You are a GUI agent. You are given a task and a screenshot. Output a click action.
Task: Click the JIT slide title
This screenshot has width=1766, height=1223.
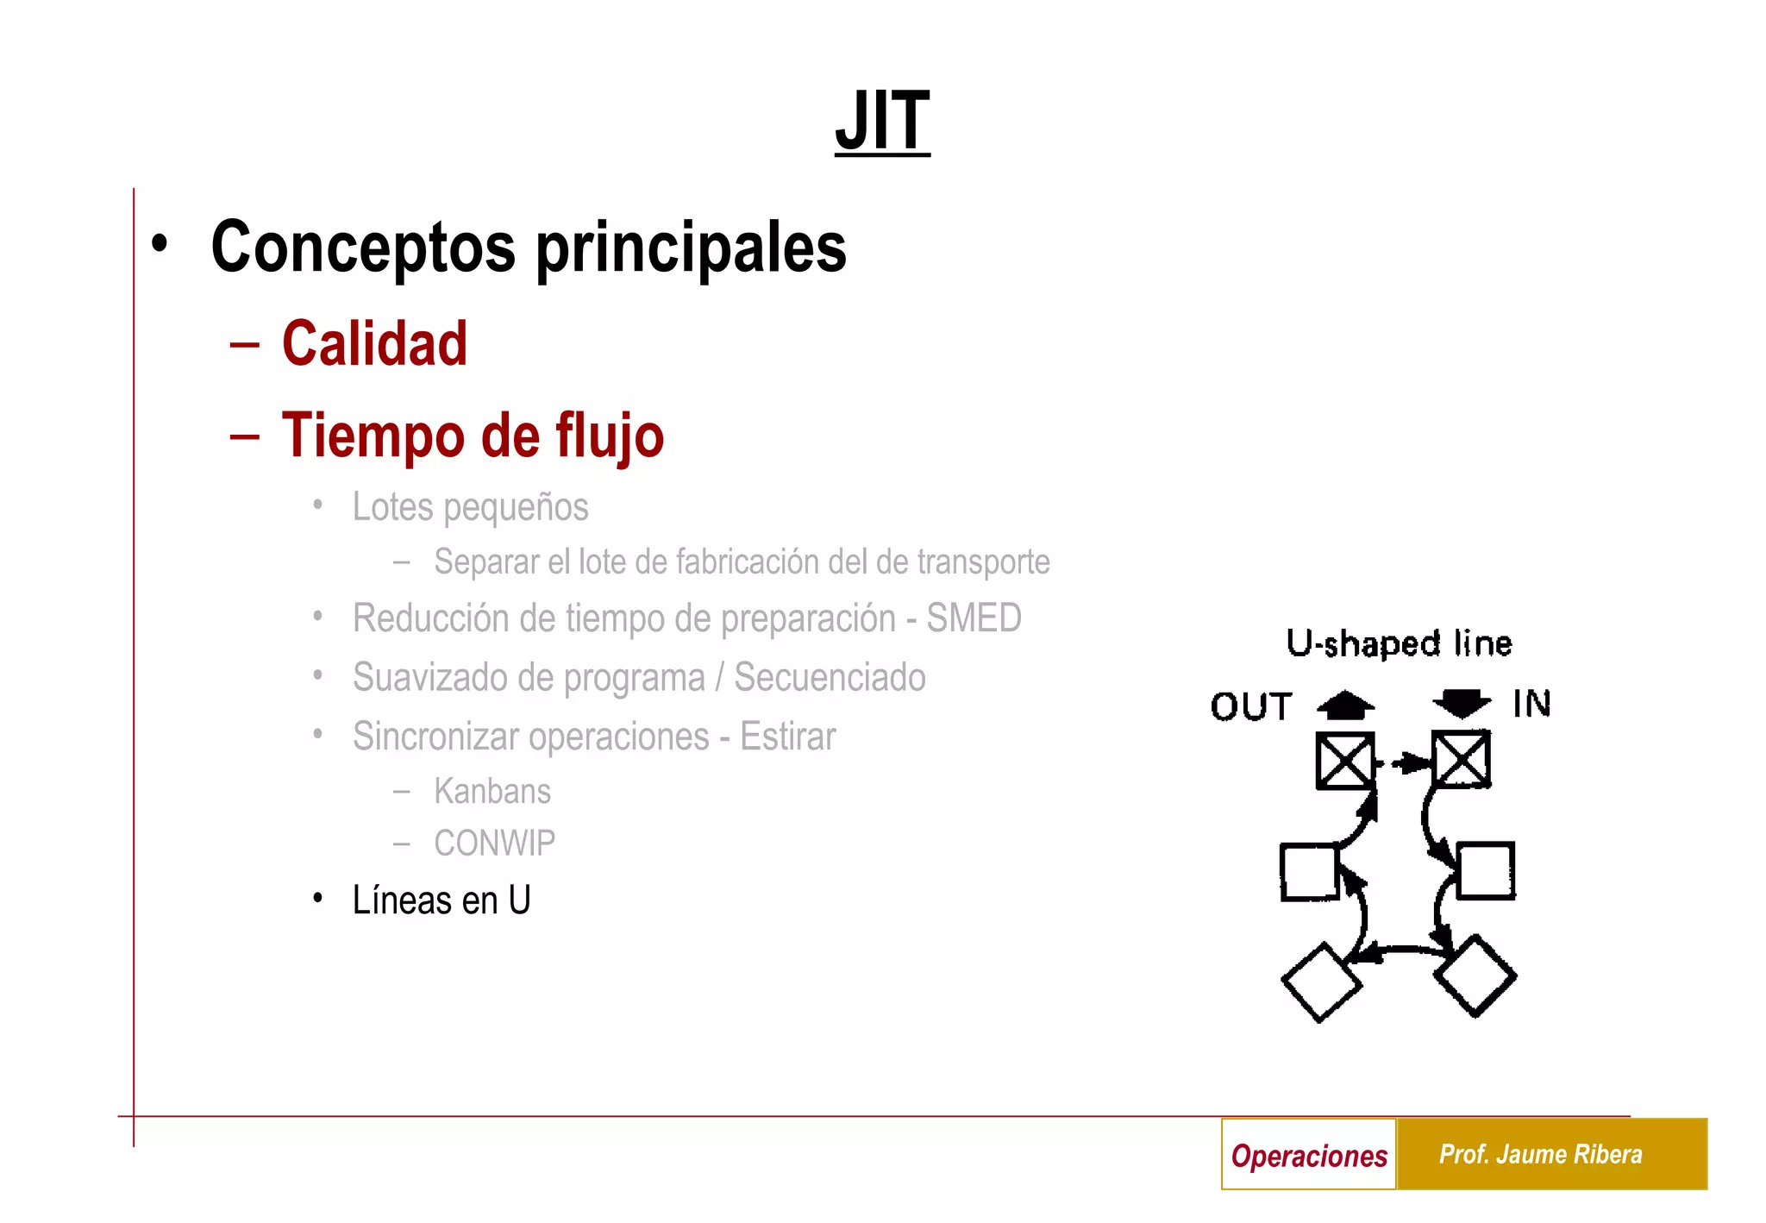[882, 121]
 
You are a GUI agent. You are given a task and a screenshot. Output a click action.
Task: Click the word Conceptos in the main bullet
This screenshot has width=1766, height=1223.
[363, 248]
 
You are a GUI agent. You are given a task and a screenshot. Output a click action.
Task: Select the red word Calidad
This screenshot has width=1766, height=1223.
[374, 344]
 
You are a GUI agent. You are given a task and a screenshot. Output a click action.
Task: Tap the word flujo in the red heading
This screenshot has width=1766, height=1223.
[609, 436]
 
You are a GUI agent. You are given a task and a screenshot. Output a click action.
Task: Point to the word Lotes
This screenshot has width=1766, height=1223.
[392, 506]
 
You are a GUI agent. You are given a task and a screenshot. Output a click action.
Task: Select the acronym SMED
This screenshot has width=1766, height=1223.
[974, 618]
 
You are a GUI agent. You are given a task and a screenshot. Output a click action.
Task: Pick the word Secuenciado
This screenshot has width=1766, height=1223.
[830, 677]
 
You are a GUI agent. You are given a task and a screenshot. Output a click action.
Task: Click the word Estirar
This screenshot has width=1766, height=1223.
[787, 737]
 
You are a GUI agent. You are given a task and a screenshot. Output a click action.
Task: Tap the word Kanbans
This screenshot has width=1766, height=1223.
[492, 791]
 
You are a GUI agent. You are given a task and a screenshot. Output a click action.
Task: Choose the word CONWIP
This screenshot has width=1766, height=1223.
[494, 843]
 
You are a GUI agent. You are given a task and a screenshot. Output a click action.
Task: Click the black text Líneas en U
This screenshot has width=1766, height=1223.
[441, 900]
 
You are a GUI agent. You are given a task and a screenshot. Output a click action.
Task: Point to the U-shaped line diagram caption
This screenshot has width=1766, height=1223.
[1399, 643]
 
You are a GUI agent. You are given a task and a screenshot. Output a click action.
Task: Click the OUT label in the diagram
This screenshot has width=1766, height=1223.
[1251, 706]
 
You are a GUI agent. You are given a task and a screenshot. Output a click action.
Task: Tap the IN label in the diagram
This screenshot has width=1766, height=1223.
[1531, 704]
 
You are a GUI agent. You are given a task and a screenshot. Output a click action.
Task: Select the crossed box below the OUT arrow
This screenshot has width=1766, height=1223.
[1344, 761]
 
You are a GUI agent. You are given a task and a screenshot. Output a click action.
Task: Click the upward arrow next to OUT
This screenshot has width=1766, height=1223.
[1346, 705]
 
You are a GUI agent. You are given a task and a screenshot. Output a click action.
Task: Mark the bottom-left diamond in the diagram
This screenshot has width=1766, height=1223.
[1321, 982]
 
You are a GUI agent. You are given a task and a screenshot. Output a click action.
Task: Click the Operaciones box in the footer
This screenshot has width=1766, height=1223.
[1308, 1155]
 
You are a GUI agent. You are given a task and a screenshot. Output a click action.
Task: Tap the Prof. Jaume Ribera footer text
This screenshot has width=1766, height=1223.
[1540, 1154]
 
